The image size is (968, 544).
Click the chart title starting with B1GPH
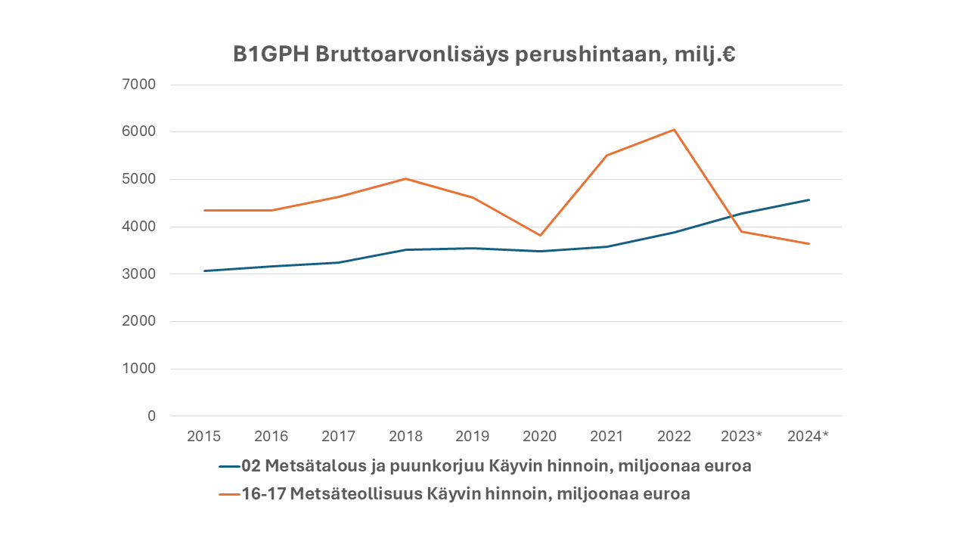coord(484,55)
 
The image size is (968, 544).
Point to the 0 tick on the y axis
coord(151,416)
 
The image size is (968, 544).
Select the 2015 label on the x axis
coord(203,437)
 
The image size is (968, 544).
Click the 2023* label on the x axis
coord(741,437)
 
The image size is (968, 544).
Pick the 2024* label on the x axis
coord(808,437)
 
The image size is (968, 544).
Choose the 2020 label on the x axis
coord(540,437)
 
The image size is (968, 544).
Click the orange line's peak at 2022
coord(674,129)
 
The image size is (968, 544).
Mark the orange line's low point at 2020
coord(540,236)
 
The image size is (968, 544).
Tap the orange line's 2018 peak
coord(405,179)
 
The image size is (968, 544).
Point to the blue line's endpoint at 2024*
coord(809,199)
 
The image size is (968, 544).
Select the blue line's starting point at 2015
coord(203,270)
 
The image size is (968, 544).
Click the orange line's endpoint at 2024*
coord(809,243)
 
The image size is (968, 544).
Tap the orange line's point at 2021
coord(607,156)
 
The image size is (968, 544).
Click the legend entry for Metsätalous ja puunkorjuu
coord(496,466)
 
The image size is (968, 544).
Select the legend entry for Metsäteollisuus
coord(466,495)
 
